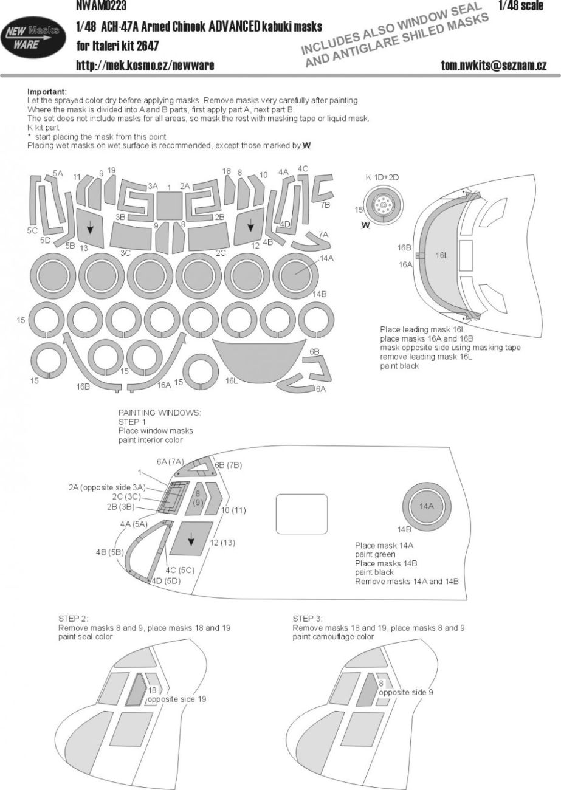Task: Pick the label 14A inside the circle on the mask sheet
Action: (327, 258)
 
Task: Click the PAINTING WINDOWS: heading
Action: (159, 412)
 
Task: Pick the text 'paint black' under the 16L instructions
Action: (399, 366)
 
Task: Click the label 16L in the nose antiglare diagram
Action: (441, 256)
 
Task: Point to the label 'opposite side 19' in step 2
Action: (177, 699)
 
